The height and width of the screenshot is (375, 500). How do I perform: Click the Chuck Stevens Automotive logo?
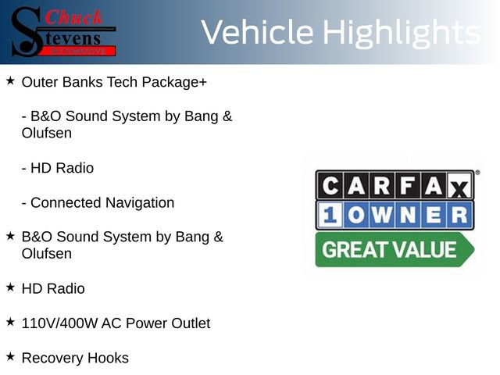tap(62, 31)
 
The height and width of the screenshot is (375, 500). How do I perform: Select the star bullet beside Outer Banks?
tap(10, 80)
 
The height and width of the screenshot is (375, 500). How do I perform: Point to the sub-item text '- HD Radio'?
tap(58, 168)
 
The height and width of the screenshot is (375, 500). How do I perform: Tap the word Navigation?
tap(138, 203)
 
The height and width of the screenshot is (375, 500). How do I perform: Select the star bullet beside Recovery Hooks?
tap(10, 357)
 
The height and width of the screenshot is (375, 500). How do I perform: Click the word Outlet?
tap(188, 323)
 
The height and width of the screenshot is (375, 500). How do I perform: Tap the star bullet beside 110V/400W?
tap(10, 322)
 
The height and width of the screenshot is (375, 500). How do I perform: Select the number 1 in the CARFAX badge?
tap(329, 215)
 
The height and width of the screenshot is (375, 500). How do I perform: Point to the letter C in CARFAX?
tap(330, 185)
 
